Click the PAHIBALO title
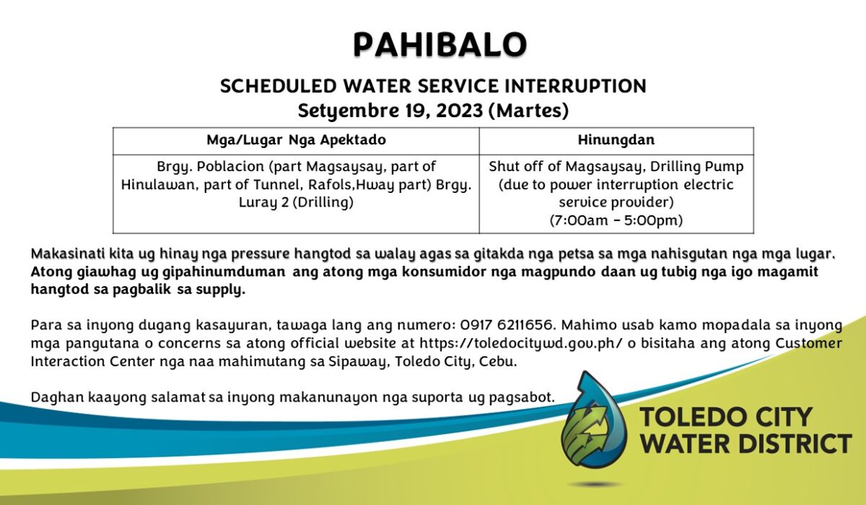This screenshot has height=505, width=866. click(440, 45)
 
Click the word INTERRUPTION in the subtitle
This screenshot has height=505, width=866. click(576, 86)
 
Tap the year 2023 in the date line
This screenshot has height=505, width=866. click(460, 111)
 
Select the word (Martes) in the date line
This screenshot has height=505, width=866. click(528, 111)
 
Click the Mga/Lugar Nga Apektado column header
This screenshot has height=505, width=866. click(296, 139)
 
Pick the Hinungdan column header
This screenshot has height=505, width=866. click(616, 139)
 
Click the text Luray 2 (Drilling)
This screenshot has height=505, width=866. click(296, 202)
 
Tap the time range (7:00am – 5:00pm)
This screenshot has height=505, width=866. click(616, 220)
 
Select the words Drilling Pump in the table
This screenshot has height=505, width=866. click(696, 167)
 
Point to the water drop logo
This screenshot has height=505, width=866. click(594, 420)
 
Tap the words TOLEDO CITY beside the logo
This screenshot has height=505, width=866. click(726, 417)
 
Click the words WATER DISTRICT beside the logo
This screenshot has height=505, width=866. click(746, 444)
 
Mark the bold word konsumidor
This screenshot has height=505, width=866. click(444, 272)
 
